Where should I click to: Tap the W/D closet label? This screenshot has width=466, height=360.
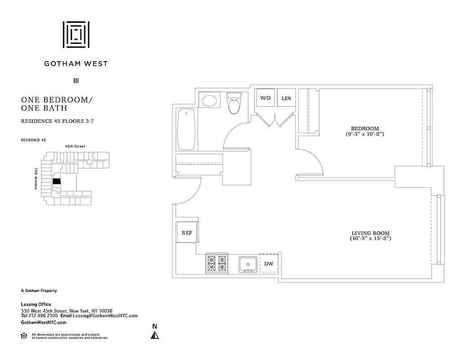tap(266, 98)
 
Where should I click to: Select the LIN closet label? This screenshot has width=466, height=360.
tap(286, 98)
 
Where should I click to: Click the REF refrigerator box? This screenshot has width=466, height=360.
tap(187, 233)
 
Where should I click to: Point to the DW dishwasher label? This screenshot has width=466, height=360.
tap(269, 264)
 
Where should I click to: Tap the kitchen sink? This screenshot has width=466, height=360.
tap(248, 264)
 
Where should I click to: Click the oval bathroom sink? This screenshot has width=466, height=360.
tap(209, 99)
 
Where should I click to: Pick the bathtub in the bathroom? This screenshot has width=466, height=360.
tap(186, 130)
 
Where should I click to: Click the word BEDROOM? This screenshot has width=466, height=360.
tap(365, 128)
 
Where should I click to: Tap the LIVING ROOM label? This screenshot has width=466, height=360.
tap(371, 233)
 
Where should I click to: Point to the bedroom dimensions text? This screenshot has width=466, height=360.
tap(365, 134)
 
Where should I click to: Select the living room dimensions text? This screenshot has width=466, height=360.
tap(371, 238)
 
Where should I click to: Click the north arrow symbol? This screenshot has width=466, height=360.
tap(154, 335)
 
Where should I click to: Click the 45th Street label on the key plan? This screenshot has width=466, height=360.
tap(75, 146)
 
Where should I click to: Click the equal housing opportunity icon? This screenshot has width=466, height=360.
tap(24, 335)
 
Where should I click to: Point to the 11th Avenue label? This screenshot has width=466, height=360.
tap(36, 178)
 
